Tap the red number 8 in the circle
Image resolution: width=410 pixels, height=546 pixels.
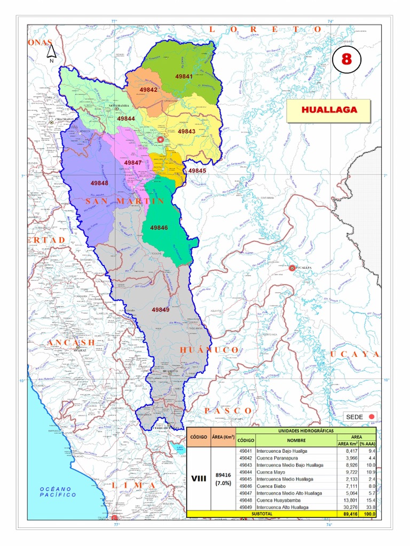coord(346,59)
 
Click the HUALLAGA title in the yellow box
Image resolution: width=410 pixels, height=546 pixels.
coord(328,110)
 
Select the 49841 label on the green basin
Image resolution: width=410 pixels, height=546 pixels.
coord(184,77)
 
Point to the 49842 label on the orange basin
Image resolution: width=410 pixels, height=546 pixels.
coord(148,90)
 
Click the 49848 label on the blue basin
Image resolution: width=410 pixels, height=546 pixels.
coord(99,183)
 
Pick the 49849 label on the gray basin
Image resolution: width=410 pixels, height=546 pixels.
coord(160,309)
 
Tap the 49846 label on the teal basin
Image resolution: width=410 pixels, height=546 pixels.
coord(159,228)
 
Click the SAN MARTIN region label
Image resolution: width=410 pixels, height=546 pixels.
coord(124,200)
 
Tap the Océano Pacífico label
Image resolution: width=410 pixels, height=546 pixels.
coord(58,492)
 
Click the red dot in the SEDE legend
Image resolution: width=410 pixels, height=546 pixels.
coord(372,417)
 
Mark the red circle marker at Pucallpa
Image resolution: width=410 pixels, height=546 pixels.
coord(292,268)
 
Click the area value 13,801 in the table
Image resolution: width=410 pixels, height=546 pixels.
coord(350,500)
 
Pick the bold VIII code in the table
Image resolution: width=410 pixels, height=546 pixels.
coord(199,479)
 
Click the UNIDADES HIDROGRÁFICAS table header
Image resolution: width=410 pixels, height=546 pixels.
coord(305,430)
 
